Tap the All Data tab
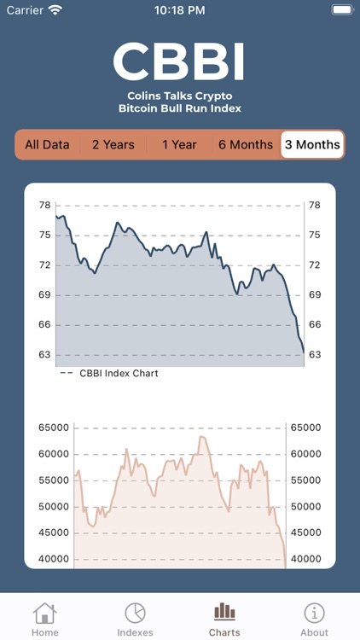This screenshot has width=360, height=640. (x=47, y=144)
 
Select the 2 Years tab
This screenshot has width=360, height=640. (x=113, y=144)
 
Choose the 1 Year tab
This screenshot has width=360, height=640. (x=179, y=144)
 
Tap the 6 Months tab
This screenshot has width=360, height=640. (x=246, y=144)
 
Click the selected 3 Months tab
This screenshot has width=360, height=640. (x=312, y=144)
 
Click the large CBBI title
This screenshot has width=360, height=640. (x=179, y=61)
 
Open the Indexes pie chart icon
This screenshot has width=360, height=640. (x=135, y=613)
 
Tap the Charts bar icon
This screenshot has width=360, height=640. (x=224, y=611)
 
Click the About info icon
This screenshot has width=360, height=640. (x=314, y=613)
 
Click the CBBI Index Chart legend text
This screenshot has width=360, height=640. (x=119, y=373)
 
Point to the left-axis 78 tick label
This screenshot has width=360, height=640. (x=44, y=205)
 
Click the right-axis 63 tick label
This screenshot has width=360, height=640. (x=314, y=354)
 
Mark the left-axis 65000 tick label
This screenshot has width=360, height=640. (x=53, y=428)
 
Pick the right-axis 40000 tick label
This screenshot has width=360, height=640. (x=305, y=559)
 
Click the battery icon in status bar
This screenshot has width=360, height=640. (x=340, y=10)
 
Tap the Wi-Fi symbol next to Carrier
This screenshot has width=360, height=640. (x=55, y=10)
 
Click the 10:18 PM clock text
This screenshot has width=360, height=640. (x=180, y=10)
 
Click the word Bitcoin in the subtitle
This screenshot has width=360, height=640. (x=137, y=108)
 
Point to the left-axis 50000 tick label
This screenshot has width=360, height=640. (x=53, y=506)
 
